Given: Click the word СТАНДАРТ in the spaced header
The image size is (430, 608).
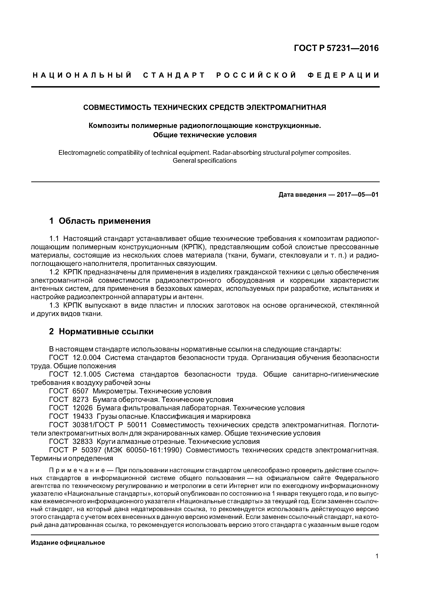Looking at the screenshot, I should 174,75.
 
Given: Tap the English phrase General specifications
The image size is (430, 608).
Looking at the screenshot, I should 205,161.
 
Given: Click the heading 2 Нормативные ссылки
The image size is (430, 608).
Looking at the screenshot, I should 101,332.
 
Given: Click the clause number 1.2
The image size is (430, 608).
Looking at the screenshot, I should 54,272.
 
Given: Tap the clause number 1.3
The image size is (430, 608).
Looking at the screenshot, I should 54,306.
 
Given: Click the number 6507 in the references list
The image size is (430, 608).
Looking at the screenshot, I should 80,391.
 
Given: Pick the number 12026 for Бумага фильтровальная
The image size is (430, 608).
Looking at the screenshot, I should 82,408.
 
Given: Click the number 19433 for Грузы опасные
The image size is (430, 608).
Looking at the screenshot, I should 82,416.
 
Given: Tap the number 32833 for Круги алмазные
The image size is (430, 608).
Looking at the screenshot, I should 82,441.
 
